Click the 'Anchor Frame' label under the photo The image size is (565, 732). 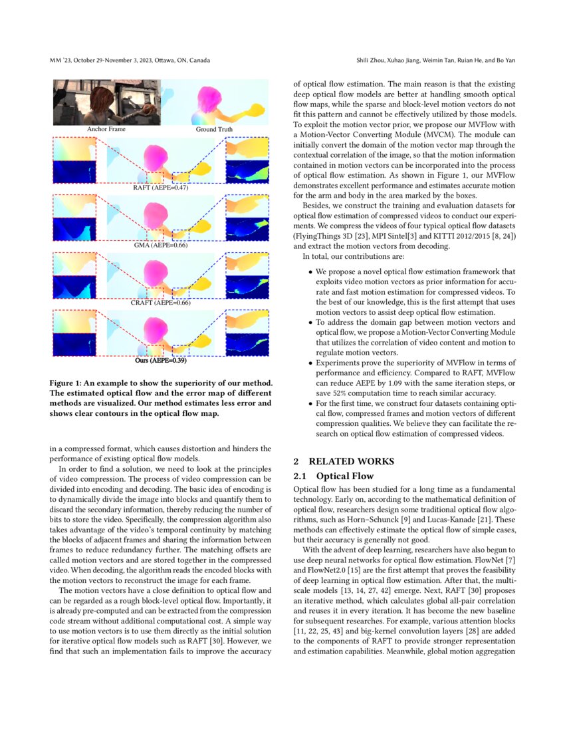coord(106,129)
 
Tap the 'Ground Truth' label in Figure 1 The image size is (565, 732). coord(214,129)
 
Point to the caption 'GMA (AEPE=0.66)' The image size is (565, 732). coord(160,246)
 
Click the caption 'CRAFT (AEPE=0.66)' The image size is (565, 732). coord(160,303)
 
